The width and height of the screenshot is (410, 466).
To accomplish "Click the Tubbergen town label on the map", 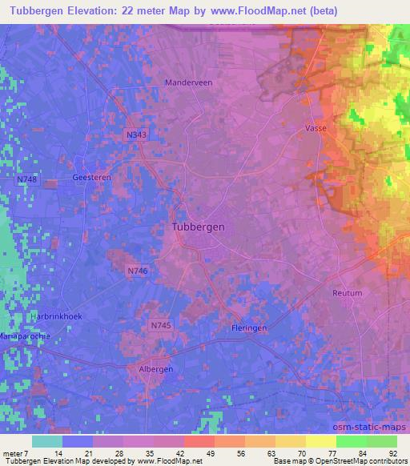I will pyautogui.click(x=199, y=227).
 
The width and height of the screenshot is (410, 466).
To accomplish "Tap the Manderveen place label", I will pyautogui.click(x=187, y=82).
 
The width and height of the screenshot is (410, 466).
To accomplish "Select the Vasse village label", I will pyautogui.click(x=316, y=128).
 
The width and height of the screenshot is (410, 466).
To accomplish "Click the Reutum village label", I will pyautogui.click(x=347, y=293).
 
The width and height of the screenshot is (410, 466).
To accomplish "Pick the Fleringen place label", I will pyautogui.click(x=245, y=329).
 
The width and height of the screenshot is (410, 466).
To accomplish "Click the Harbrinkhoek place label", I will pyautogui.click(x=56, y=316).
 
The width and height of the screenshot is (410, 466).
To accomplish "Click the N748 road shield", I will pyautogui.click(x=26, y=179).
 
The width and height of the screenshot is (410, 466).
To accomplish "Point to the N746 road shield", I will pyautogui.click(x=136, y=272).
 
